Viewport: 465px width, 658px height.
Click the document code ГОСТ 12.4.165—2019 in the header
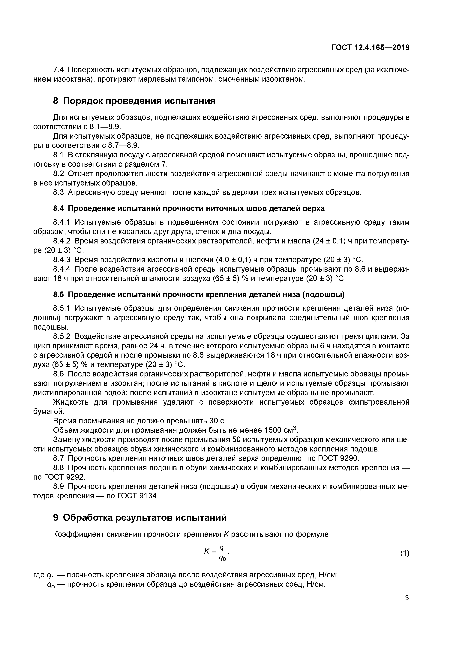coord(370,48)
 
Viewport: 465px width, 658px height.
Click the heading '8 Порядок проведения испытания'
coord(134,101)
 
